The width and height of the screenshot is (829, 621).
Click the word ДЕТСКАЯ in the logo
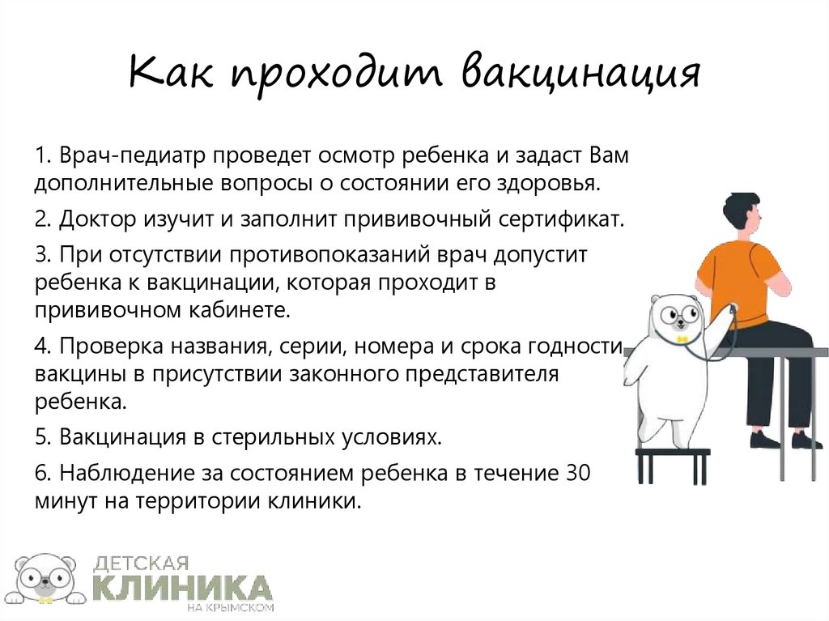point(142,562)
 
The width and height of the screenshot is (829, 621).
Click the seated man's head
point(742,215)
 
